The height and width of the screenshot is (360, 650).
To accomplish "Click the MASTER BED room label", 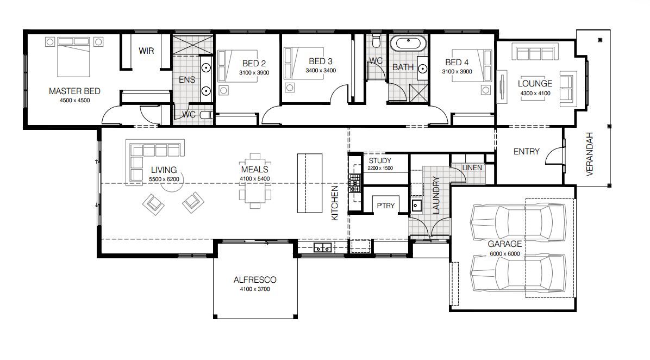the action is click(74, 91).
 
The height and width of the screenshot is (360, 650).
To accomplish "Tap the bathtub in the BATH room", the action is click(408, 43).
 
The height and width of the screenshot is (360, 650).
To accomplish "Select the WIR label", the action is click(146, 51).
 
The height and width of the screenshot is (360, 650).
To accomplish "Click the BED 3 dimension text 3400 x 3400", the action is click(321, 71).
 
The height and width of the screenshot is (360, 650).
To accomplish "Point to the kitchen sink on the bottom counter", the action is click(322, 248).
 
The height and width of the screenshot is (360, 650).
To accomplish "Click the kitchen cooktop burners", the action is click(354, 183).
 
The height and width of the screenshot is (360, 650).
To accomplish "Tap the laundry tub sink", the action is click(417, 206).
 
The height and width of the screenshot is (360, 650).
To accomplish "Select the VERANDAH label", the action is click(590, 154).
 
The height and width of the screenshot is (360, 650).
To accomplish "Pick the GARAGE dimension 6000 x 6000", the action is click(505, 254).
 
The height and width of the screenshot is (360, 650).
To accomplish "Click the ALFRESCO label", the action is click(255, 280).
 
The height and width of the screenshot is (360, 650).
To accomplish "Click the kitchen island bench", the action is click(310, 183).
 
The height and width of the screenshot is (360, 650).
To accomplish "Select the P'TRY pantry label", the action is click(385, 206).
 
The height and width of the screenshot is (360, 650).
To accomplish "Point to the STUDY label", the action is click(380, 160).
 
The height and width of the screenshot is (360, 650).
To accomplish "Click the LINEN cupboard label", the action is click(472, 167).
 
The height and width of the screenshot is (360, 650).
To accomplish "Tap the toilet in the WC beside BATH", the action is click(377, 41).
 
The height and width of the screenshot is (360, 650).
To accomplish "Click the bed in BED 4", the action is click(471, 66).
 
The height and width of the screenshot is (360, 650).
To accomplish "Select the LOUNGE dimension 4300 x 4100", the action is click(535, 94).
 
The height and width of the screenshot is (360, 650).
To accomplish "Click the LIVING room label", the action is click(164, 170).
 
